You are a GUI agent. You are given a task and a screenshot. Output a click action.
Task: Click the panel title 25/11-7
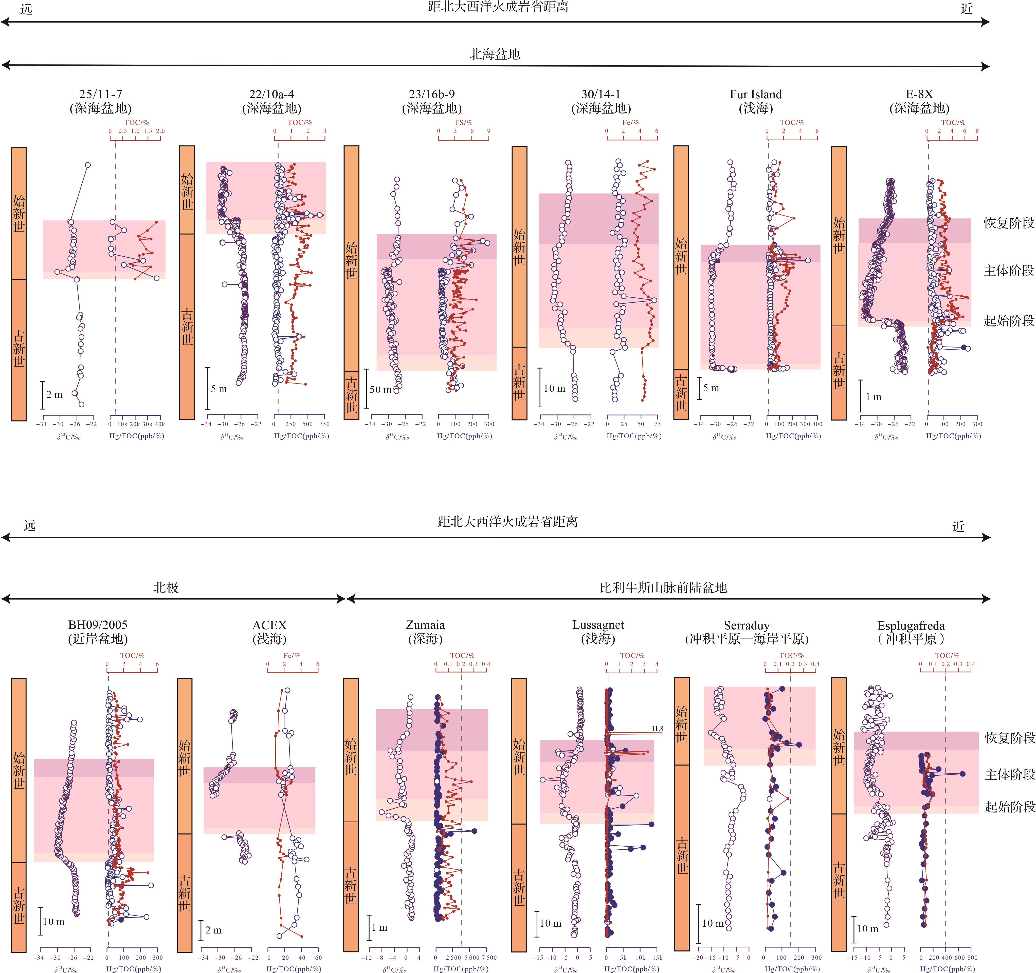point(101,94)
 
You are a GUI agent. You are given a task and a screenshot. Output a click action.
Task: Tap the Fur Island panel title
point(756,94)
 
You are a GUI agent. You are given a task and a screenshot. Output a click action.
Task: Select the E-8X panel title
point(919,94)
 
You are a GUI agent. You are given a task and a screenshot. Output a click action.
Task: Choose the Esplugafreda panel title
point(911,626)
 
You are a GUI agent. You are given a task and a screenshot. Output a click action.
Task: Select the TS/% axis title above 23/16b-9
point(463,122)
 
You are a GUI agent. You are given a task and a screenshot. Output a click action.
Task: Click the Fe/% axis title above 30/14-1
point(631,122)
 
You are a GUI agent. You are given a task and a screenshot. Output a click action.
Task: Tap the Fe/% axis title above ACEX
point(292,655)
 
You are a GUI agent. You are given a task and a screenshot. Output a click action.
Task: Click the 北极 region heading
point(166,587)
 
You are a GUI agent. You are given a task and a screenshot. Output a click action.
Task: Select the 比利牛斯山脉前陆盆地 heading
point(663,587)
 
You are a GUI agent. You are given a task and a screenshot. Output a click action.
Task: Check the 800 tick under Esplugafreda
point(972,957)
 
